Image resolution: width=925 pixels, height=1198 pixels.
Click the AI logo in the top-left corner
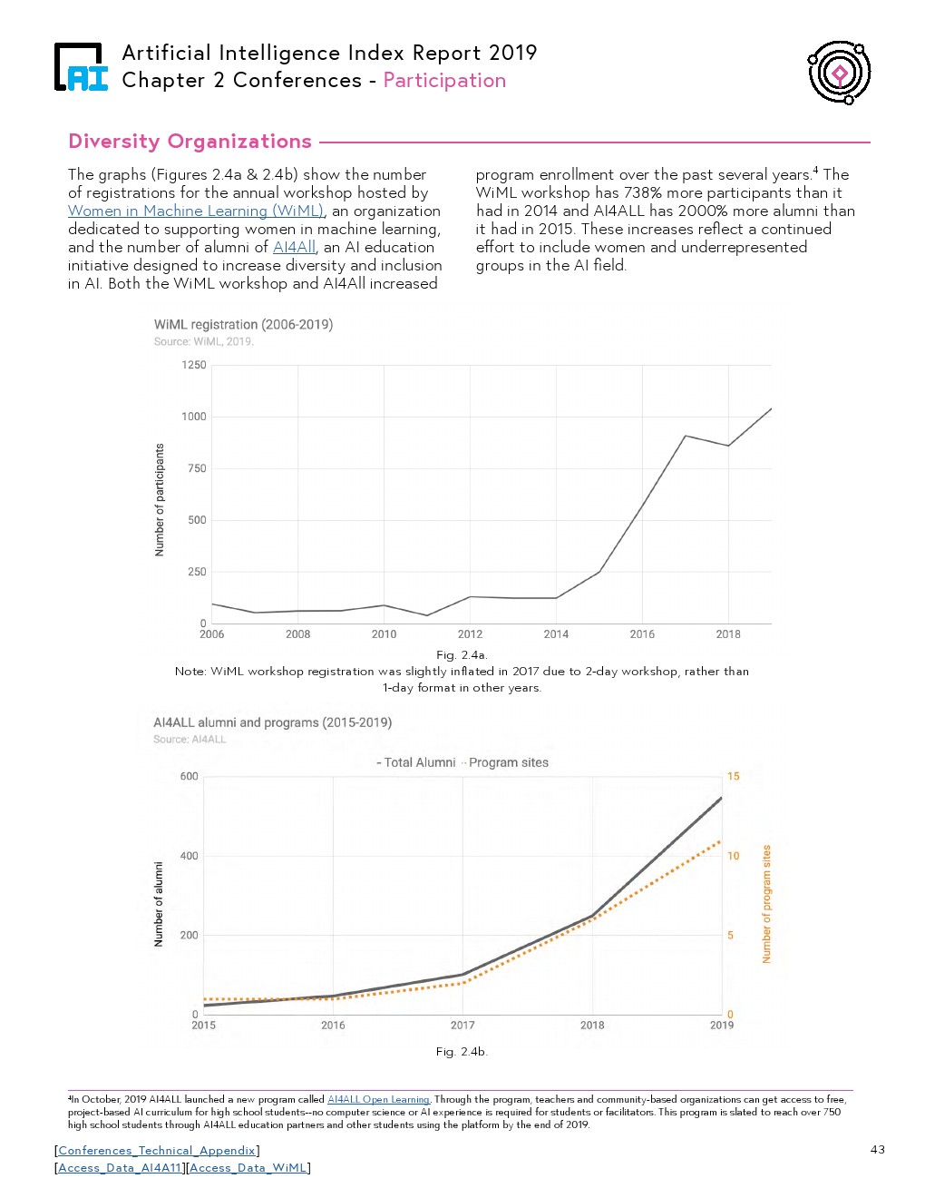tap(80, 68)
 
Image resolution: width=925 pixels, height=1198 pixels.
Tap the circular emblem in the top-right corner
tap(840, 73)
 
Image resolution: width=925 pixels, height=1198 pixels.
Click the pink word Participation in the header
tap(444, 81)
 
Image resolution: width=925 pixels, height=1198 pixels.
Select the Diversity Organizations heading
tap(190, 142)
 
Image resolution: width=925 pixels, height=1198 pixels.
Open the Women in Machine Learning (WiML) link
tap(196, 211)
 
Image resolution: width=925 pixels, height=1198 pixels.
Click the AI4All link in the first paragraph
tap(294, 247)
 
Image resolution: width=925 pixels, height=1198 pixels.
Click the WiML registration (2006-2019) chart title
tap(243, 324)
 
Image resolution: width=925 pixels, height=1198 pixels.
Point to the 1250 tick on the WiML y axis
tap(194, 365)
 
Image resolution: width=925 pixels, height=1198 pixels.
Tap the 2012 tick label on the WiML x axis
tap(470, 634)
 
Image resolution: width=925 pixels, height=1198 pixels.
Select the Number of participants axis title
tap(161, 500)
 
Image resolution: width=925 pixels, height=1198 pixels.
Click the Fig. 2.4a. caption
tap(462, 654)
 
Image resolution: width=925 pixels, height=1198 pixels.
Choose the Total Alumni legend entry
tap(417, 762)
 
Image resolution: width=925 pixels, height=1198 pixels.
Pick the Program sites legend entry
tap(507, 762)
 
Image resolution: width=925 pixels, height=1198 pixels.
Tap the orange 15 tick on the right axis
tap(733, 776)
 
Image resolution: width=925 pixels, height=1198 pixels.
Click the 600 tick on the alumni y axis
tap(189, 776)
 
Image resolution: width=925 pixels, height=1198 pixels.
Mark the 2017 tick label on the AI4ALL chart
tap(462, 1026)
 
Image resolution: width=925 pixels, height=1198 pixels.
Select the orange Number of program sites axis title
tap(766, 904)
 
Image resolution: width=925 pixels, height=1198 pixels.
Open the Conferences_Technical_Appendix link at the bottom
tap(157, 1151)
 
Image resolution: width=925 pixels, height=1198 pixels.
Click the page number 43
tap(877, 1150)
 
